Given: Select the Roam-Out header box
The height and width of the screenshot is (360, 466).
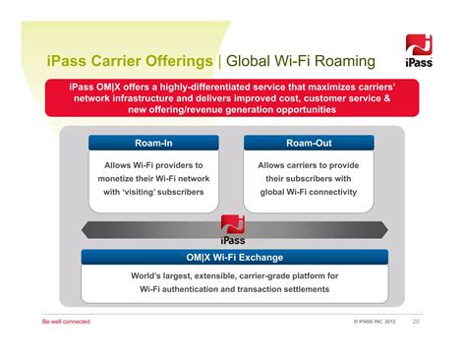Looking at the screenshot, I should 309,143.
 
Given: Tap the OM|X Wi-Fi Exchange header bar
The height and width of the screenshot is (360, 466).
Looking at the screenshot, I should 232,258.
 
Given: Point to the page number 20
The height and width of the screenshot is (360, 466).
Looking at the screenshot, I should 416,322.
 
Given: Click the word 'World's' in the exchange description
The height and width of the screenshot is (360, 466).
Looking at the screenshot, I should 147,276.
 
